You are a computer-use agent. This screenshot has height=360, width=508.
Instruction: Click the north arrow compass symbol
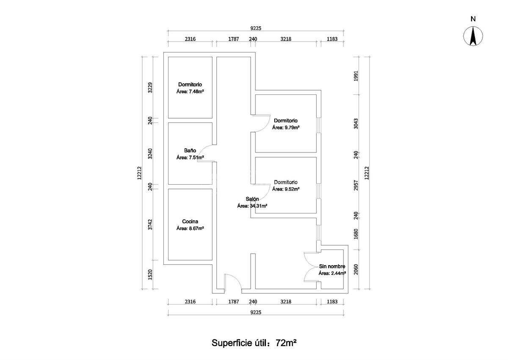[x=473, y=36]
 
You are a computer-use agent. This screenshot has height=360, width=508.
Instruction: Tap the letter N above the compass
[x=473, y=19]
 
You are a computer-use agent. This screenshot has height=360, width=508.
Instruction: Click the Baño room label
[x=190, y=150]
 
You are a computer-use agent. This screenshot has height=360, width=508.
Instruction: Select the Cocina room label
[x=190, y=221]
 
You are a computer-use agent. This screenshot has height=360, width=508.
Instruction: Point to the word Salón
[x=252, y=199]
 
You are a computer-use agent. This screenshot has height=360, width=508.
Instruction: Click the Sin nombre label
[x=332, y=266]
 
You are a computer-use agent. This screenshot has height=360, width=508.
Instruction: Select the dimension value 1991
[x=356, y=76]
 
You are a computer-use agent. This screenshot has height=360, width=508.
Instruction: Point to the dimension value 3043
[x=356, y=124]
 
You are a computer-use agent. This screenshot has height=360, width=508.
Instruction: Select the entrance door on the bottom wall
[x=232, y=283]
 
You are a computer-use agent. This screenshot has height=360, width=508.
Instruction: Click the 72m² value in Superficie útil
[x=286, y=343]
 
